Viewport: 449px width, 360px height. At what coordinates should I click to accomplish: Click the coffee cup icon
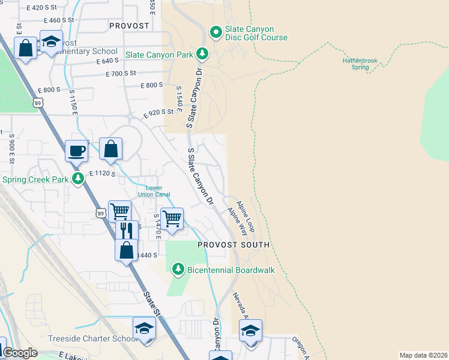coord(76,151)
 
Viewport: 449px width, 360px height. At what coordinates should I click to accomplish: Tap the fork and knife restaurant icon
coord(126,230)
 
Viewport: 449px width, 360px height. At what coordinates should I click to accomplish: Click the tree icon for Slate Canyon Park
coord(202,54)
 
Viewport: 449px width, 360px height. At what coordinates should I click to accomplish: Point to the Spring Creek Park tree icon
coord(77,179)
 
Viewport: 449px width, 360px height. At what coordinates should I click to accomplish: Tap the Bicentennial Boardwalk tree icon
coord(178,270)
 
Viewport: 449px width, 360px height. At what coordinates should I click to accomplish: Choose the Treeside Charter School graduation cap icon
coord(144,328)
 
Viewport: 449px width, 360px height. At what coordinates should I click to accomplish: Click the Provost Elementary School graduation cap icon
coord(51,41)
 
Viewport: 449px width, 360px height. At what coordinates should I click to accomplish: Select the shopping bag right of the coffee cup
coord(111,149)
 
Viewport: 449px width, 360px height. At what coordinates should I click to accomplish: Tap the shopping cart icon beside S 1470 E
coord(172,218)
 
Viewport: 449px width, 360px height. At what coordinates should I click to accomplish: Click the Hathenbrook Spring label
coord(360,64)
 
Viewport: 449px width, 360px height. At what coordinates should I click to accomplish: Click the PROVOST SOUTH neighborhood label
coord(234,245)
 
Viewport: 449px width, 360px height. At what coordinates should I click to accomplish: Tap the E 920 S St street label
coord(162,112)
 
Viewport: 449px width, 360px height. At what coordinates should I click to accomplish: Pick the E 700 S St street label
coord(121,73)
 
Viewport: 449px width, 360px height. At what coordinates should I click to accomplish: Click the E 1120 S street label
coord(101,173)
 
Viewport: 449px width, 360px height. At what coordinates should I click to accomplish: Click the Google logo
coord(20,353)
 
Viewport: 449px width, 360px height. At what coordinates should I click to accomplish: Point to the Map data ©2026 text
coord(423,355)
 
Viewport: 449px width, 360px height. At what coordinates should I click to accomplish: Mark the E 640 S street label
coord(107,61)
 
